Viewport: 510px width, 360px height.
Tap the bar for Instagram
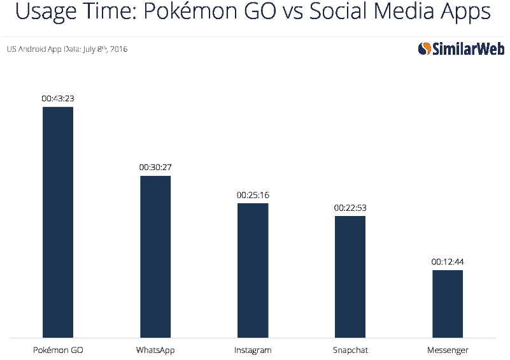click(253, 270)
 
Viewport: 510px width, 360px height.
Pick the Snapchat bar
click(350, 277)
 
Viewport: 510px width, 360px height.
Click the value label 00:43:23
click(58, 99)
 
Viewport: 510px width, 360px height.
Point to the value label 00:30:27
click(155, 168)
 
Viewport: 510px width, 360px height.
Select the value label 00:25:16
click(253, 195)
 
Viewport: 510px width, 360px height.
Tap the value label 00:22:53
click(350, 208)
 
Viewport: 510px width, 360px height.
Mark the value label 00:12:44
click(448, 262)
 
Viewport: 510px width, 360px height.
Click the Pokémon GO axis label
click(58, 350)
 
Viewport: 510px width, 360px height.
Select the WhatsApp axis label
click(155, 350)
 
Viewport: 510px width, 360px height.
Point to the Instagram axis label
click(253, 350)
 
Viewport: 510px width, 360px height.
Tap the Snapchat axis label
click(350, 350)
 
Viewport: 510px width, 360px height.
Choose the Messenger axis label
click(448, 350)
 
